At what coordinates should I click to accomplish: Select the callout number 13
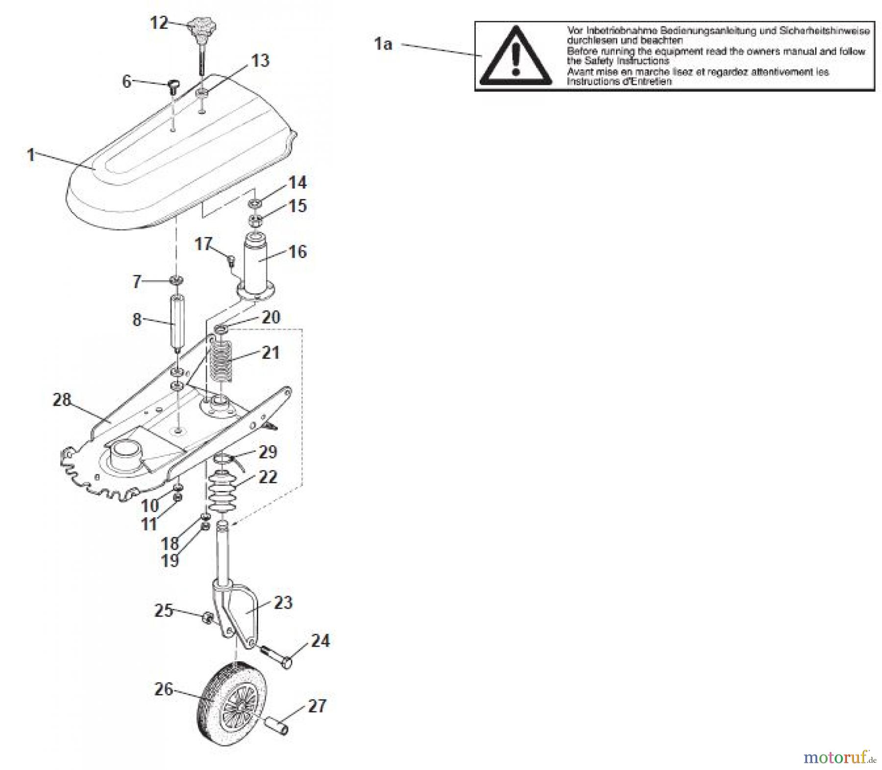click(260, 61)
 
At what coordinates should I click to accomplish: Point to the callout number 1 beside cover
click(31, 155)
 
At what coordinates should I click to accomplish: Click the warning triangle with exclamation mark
click(514, 56)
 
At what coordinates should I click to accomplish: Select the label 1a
click(383, 44)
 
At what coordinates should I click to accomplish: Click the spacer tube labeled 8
click(175, 321)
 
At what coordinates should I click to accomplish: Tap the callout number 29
click(268, 452)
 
